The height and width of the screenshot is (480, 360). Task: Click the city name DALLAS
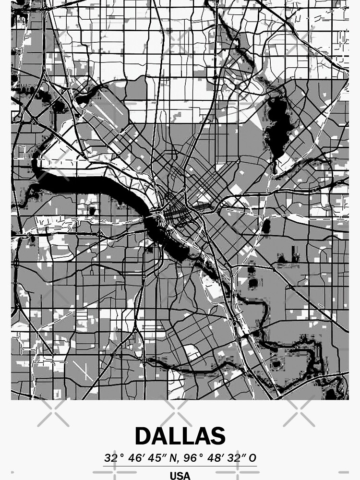point(180,436)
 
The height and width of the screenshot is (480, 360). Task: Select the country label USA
point(180,476)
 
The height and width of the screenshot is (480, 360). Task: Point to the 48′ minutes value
point(214,458)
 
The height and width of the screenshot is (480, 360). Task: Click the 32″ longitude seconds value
point(236,458)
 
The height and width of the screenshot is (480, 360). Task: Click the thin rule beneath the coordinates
point(180,466)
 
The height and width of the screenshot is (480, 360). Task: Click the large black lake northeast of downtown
point(276,127)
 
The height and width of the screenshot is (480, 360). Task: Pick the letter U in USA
point(173,476)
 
